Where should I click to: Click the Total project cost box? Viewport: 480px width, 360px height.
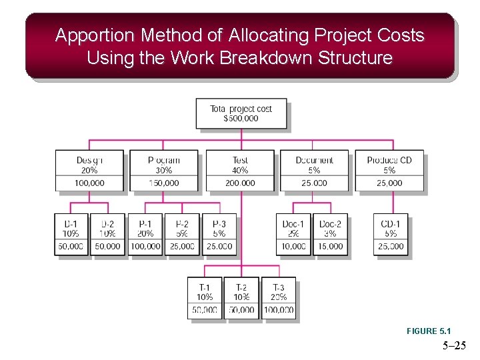pyautogui.click(x=241, y=113)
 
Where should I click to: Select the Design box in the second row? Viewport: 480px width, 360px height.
pyautogui.click(x=89, y=171)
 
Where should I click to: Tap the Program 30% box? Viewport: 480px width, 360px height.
pyautogui.click(x=164, y=171)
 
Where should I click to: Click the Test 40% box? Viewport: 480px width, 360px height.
pyautogui.click(x=240, y=171)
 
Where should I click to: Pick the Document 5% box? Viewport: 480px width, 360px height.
pyautogui.click(x=315, y=171)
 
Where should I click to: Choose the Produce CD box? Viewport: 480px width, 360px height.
pyautogui.click(x=390, y=171)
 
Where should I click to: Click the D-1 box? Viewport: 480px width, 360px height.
pyautogui.click(x=71, y=234)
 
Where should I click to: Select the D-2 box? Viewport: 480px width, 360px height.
pyautogui.click(x=108, y=234)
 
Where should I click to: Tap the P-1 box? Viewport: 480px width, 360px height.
pyautogui.click(x=145, y=234)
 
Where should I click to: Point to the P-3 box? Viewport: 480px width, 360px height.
pyautogui.click(x=219, y=234)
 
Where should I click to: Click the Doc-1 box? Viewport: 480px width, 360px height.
pyautogui.click(x=293, y=234)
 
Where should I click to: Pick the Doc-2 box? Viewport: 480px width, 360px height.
pyautogui.click(x=330, y=234)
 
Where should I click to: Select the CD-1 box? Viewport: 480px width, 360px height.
pyautogui.click(x=391, y=234)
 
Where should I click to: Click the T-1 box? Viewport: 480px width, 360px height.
pyautogui.click(x=205, y=298)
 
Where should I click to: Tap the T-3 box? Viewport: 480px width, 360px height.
pyautogui.click(x=279, y=298)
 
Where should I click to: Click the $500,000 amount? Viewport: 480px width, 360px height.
pyautogui.click(x=241, y=119)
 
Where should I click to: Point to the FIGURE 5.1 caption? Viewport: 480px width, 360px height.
pyautogui.click(x=429, y=331)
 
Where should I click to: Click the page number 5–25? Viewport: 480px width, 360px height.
pyautogui.click(x=454, y=346)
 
